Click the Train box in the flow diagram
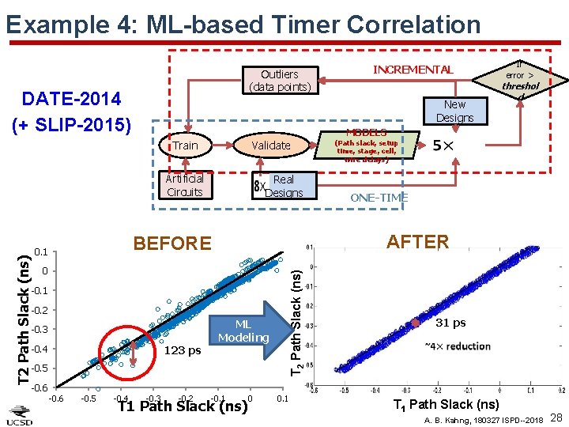click(186, 145)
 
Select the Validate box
click(270, 145)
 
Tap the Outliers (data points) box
click(279, 80)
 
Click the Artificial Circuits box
click(184, 185)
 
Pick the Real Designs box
click(283, 186)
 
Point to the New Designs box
click(454, 111)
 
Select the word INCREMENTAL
click(413, 70)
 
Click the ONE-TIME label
click(379, 198)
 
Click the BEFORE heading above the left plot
click(172, 244)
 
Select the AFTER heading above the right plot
click(417, 242)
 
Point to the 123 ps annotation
click(183, 351)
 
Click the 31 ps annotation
click(450, 323)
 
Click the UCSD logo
click(21, 413)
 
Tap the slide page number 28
click(556, 417)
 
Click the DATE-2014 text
click(71, 99)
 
